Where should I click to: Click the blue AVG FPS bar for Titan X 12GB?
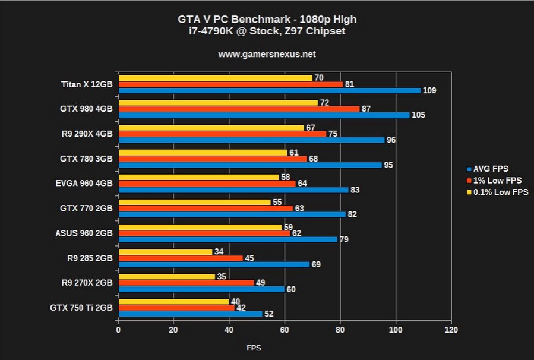tap(270, 91)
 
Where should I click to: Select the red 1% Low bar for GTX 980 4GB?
tap(239, 109)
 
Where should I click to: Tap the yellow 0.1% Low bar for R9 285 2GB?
tap(166, 252)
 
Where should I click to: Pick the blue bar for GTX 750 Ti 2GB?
tap(191, 314)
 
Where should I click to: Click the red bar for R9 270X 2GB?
tap(187, 283)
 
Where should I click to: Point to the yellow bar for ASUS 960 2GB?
tap(200, 227)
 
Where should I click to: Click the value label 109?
tap(429, 91)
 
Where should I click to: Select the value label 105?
tap(418, 115)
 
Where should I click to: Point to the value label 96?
tap(391, 140)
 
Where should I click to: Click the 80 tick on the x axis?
tap(340, 330)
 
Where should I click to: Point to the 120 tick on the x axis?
tap(451, 330)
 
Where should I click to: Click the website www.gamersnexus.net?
tap(267, 54)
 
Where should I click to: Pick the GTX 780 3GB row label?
tap(87, 159)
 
